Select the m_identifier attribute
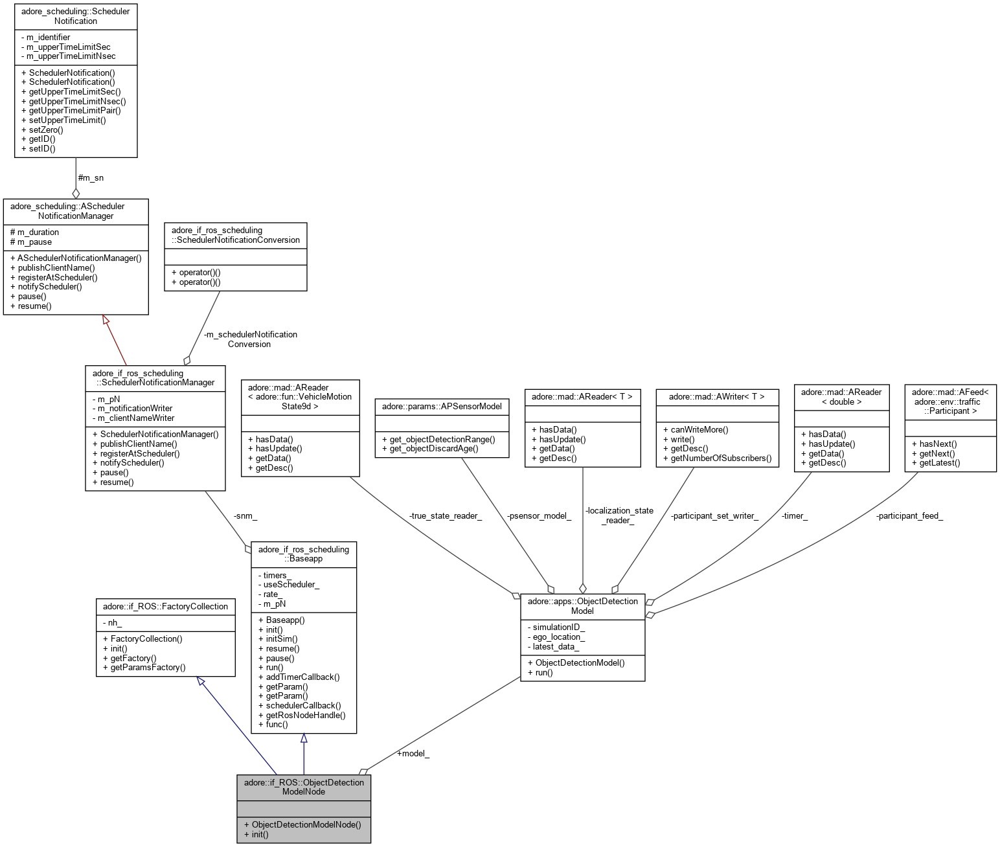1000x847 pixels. coord(48,38)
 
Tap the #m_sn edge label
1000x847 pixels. coord(90,177)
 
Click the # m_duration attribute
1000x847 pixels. coord(38,232)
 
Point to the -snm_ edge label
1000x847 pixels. coord(245,516)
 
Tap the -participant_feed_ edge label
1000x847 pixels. coord(909,516)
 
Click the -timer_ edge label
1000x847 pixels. coord(794,516)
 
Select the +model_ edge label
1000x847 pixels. coord(413,753)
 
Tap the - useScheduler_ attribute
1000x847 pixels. coord(291,584)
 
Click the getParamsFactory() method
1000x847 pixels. coord(148,667)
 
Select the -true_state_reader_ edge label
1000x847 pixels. coord(445,516)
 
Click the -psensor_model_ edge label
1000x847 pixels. coord(539,516)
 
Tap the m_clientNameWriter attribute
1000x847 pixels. coord(136,418)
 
